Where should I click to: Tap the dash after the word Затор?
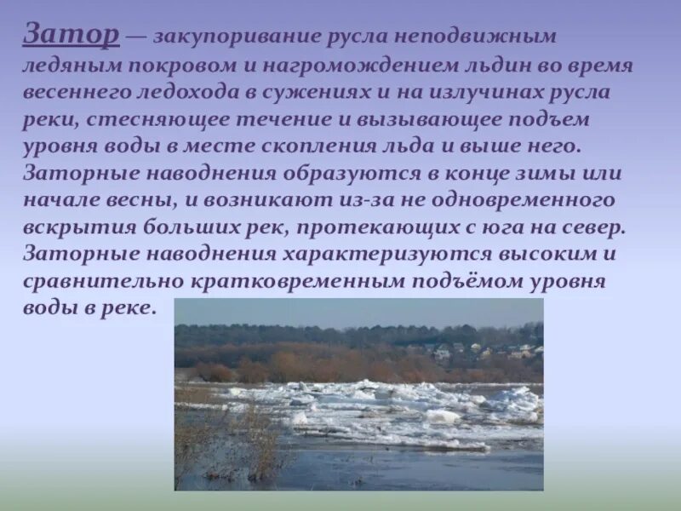[x=139, y=37]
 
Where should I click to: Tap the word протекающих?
[x=399, y=227]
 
